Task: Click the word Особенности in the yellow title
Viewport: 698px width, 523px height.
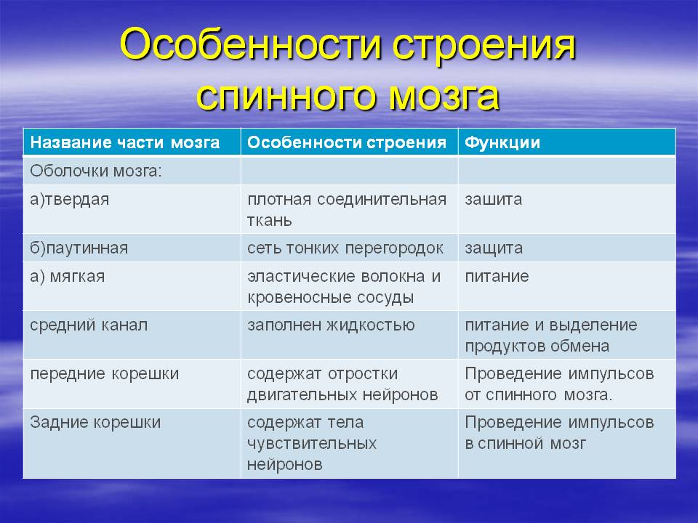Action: [x=251, y=45]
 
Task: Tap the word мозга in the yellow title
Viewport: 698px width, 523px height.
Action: [x=444, y=97]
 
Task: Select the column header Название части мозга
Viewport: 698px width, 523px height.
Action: [x=125, y=142]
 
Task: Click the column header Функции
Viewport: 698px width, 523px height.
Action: [x=502, y=143]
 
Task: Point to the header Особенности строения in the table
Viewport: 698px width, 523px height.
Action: [x=347, y=142]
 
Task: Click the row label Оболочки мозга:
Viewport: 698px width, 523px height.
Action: [x=96, y=171]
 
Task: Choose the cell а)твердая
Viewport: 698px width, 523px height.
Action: [x=70, y=199]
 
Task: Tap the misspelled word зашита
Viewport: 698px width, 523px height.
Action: [x=493, y=200]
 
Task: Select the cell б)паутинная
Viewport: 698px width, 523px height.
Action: [x=79, y=248]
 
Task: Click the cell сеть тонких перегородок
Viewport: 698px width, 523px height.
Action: [x=345, y=248]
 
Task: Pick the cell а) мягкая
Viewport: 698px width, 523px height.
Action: [x=68, y=277]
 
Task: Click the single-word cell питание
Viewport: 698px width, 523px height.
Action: [x=497, y=277]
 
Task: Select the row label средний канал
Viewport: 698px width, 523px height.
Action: [x=89, y=325]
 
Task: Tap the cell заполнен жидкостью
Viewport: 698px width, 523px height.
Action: [x=332, y=325]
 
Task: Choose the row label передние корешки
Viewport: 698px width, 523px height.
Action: [x=105, y=374]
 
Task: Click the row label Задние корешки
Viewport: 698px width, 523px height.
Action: [x=95, y=423]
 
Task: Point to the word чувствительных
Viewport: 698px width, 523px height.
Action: [x=312, y=443]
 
